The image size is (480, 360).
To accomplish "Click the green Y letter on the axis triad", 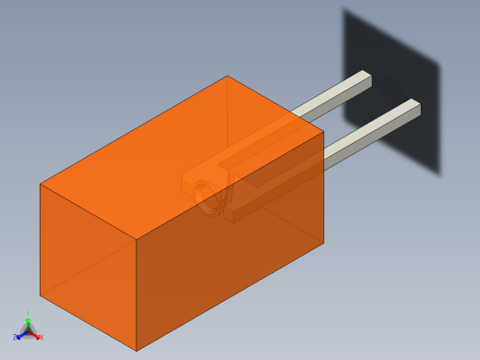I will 29,315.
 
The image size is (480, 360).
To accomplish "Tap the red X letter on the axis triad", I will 41,338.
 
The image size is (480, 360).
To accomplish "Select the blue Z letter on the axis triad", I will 16,337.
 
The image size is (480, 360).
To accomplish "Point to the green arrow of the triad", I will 29,322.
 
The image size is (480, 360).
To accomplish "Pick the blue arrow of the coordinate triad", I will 21,334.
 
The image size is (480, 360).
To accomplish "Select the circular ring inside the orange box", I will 210,198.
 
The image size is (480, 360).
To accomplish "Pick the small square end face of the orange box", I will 88,263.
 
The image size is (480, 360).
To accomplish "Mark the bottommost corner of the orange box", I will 137,351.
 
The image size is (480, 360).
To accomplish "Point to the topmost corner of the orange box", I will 227,76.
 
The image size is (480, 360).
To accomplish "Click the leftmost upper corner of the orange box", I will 41,185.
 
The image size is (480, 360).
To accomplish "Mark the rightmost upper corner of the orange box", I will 324,131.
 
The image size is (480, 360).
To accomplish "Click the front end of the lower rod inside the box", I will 231,213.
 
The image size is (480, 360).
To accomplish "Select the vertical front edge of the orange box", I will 137,295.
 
